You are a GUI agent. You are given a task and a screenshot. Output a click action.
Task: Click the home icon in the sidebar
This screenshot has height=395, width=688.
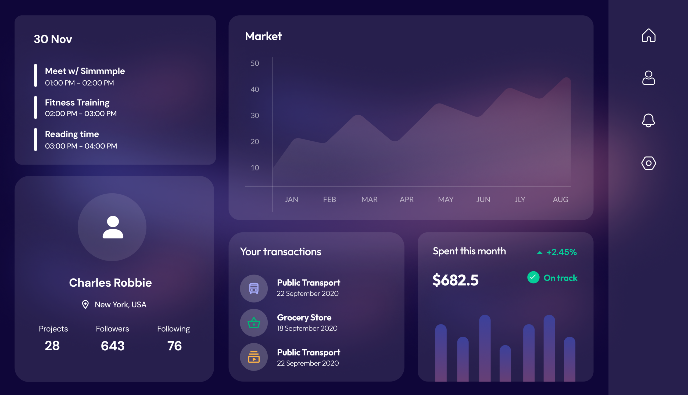648,35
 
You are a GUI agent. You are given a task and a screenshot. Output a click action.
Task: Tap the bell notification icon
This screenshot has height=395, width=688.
648,120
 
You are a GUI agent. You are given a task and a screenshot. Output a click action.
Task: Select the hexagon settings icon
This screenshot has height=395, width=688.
648,163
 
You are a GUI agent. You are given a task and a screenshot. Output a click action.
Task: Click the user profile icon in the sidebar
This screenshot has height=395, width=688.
648,78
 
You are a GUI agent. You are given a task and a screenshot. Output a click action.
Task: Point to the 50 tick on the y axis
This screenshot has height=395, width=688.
255,63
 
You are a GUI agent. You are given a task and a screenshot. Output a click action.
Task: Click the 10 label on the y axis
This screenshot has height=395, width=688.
255,168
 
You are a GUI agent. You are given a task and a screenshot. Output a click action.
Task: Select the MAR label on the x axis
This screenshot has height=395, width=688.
369,200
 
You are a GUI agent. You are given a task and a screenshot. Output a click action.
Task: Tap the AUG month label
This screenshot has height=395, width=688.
560,200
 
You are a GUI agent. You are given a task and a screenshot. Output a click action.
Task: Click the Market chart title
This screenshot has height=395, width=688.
263,36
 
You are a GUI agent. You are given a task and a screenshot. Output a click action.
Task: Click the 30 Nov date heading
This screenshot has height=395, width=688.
53,39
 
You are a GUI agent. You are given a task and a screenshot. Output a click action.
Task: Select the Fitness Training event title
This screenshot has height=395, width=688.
77,102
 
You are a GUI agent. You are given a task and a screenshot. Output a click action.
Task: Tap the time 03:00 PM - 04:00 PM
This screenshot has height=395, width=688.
81,146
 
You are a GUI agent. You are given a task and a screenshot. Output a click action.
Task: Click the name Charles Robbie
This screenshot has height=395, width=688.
110,283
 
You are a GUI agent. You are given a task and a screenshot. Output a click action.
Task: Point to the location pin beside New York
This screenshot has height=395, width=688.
85,304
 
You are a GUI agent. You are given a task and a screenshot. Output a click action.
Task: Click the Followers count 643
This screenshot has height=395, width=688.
113,346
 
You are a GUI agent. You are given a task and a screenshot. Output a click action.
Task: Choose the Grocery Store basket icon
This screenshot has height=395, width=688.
254,323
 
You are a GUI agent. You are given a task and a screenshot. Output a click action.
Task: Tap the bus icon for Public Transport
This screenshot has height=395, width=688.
254,288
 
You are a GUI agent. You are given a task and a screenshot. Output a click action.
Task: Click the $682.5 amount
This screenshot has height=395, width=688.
456,280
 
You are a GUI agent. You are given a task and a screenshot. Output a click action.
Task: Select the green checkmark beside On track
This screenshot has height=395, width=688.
533,277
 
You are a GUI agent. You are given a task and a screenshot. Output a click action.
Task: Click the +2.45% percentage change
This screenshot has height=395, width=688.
561,252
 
